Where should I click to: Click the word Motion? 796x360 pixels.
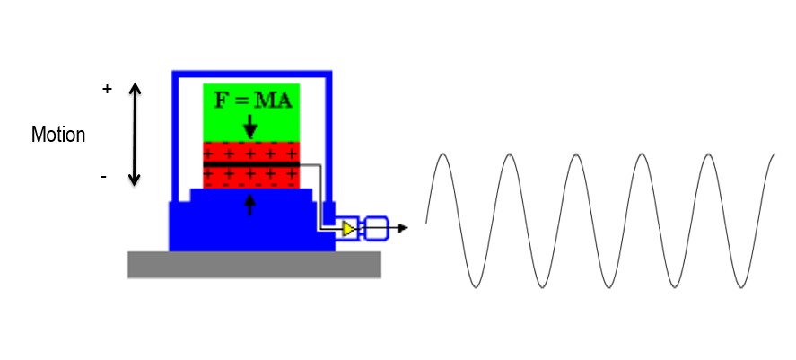(x=58, y=135)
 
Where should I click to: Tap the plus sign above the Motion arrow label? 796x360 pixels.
(x=107, y=90)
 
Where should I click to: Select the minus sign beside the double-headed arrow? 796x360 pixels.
(x=103, y=177)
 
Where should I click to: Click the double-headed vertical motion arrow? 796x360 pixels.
(x=135, y=134)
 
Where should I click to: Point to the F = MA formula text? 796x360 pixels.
(x=253, y=101)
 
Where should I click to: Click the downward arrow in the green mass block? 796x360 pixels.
(x=249, y=127)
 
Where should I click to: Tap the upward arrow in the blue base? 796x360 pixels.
(x=249, y=205)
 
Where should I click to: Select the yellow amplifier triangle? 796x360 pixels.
(x=349, y=229)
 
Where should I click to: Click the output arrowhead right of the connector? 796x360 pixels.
(x=403, y=228)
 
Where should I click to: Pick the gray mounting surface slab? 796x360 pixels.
(x=254, y=265)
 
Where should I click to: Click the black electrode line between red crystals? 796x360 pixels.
(x=251, y=164)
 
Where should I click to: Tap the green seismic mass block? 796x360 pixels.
(x=251, y=113)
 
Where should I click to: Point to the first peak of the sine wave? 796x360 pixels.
(x=443, y=154)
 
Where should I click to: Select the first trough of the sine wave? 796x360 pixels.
(x=477, y=287)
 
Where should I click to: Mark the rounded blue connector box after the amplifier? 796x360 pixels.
(x=377, y=228)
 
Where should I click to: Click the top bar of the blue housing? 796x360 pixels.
(x=252, y=75)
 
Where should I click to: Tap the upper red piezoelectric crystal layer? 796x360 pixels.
(x=251, y=152)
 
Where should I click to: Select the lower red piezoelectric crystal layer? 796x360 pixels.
(x=251, y=177)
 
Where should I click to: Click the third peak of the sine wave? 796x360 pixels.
(x=575, y=154)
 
